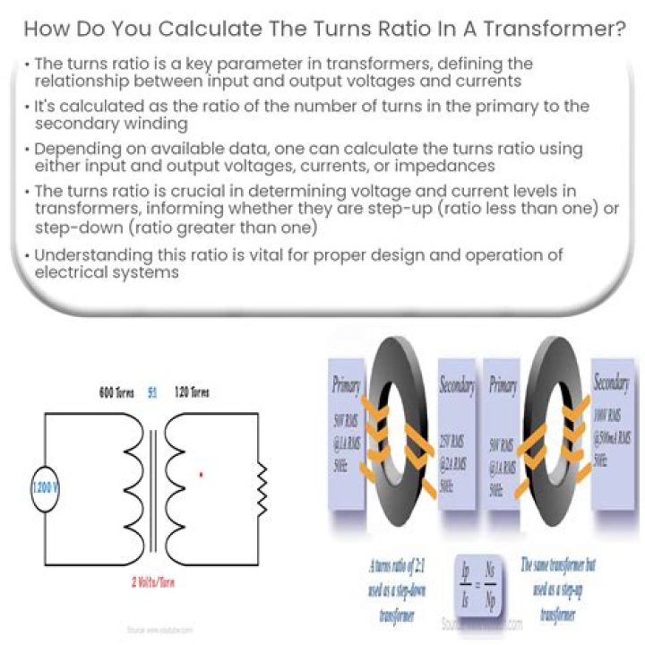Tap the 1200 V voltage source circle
coord(45,491)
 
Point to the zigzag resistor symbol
coord(261,488)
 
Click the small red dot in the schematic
coord(201,473)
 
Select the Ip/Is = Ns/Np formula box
coord(479,592)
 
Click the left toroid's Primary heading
coord(345,386)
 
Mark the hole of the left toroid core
coord(400,442)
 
